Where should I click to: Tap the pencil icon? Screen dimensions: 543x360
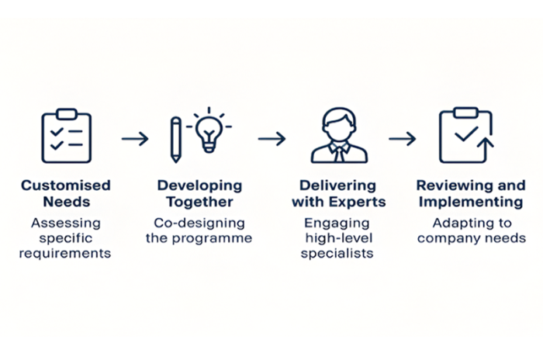click(x=176, y=140)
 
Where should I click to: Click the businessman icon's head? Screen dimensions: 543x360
click(x=339, y=123)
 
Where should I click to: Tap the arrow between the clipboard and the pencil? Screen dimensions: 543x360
click(x=135, y=139)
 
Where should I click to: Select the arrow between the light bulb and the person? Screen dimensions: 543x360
click(x=271, y=139)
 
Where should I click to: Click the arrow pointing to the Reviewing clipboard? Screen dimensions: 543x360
click(x=403, y=139)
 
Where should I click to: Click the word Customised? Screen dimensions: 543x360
click(x=66, y=185)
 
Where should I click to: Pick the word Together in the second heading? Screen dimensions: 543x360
click(x=200, y=202)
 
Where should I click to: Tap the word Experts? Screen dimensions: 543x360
click(x=358, y=202)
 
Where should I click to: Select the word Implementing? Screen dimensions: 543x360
click(x=471, y=202)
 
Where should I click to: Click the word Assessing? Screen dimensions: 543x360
click(x=66, y=223)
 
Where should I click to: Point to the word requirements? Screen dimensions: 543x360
click(x=65, y=254)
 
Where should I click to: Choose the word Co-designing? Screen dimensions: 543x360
click(x=199, y=223)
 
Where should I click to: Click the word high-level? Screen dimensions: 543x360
click(x=339, y=238)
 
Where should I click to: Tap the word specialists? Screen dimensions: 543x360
click(x=337, y=254)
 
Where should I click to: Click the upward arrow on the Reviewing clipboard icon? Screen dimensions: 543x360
click(x=486, y=149)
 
